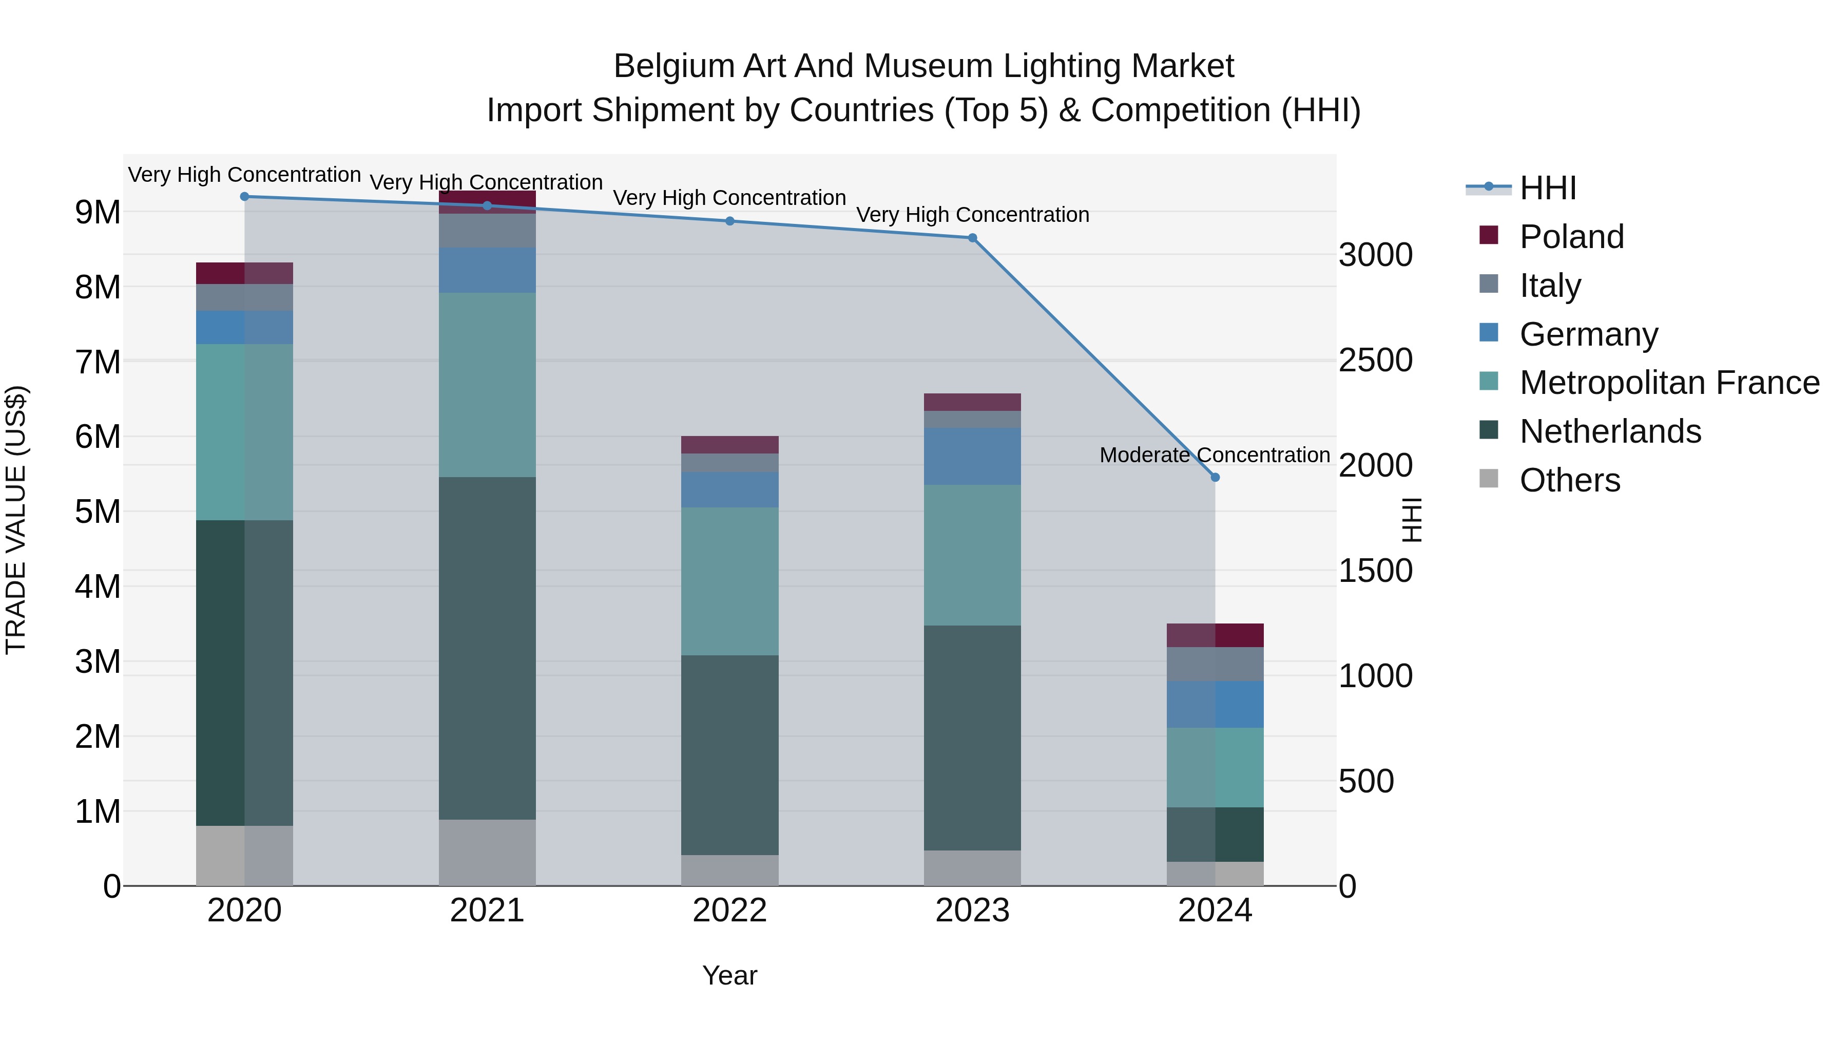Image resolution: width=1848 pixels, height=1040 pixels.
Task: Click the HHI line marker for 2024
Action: (1215, 477)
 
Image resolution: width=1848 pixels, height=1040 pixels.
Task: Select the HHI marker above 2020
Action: (245, 196)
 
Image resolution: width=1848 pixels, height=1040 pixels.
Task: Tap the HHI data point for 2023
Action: (972, 238)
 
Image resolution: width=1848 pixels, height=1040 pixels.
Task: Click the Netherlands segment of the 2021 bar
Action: (487, 648)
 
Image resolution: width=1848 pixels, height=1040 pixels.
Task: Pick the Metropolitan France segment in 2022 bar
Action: (729, 581)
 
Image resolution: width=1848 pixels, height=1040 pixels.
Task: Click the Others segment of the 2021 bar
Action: (487, 852)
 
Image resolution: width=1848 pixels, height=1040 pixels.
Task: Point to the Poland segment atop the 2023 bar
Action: (972, 402)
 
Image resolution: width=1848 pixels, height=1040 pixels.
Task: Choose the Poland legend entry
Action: (1571, 236)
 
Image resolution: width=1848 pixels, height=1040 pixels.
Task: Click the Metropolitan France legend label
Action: (1669, 383)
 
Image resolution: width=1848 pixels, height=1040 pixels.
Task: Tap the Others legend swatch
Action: (1489, 479)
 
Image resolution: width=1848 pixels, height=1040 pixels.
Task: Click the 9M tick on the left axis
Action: (98, 213)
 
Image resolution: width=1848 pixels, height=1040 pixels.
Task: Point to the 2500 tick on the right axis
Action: (1375, 361)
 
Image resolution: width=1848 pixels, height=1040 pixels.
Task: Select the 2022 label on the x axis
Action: (729, 911)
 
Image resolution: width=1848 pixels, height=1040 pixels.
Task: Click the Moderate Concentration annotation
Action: (1214, 455)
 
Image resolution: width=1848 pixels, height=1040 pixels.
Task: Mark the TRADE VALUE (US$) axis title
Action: (16, 520)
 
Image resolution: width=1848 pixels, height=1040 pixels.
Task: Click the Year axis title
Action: (729, 975)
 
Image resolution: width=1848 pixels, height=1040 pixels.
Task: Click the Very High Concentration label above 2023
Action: (972, 215)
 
